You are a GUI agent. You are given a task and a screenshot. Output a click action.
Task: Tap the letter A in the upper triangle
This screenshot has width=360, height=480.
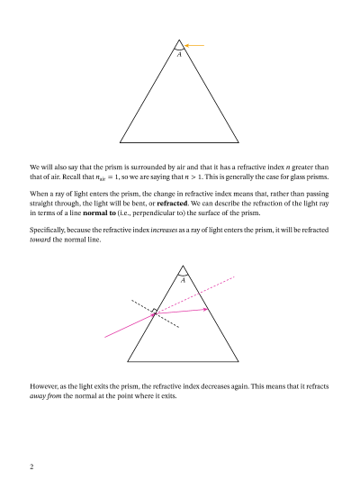click(179, 55)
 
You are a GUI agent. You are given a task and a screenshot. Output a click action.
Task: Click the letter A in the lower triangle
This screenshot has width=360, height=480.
click(183, 280)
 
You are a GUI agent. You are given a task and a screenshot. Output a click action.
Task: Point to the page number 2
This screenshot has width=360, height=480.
click(31, 466)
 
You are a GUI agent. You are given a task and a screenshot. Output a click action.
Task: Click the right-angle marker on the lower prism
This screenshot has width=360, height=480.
click(155, 312)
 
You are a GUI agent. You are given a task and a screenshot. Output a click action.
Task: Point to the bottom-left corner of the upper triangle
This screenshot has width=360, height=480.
click(120, 140)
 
